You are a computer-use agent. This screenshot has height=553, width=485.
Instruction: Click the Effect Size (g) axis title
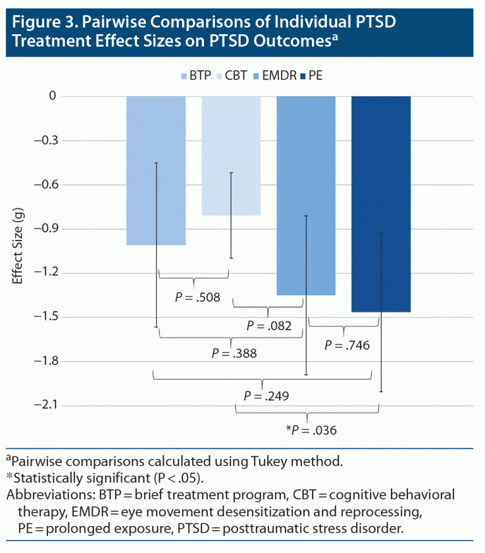(x=19, y=250)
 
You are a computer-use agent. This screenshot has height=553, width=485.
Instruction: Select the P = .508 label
(x=198, y=297)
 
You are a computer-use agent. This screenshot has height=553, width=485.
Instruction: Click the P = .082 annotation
(x=269, y=326)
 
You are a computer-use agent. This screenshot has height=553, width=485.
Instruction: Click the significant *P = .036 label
(x=311, y=431)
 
